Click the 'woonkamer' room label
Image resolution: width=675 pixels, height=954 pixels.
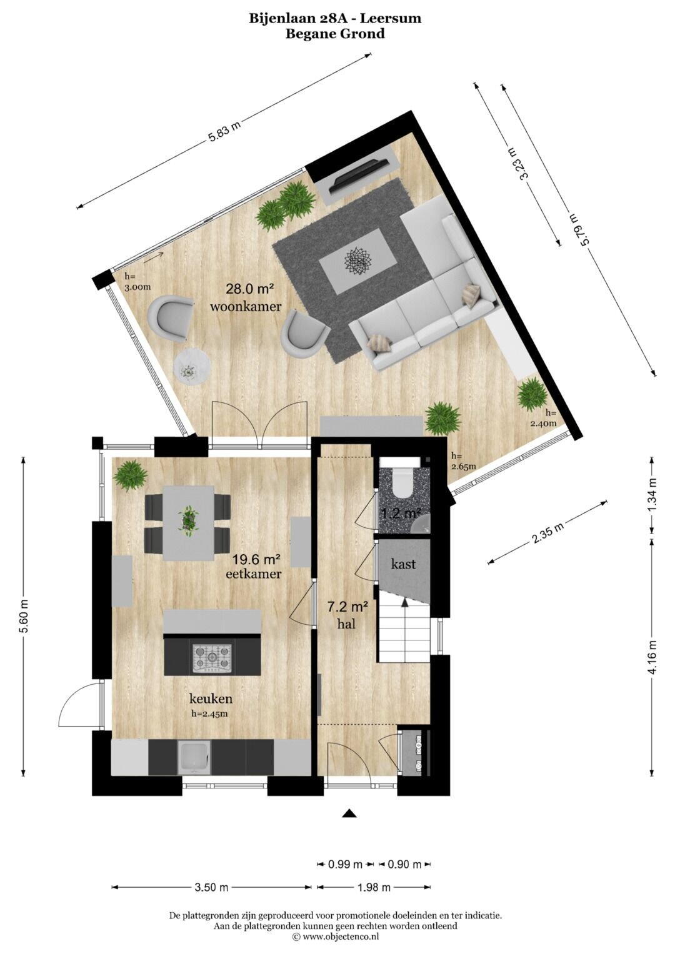click(x=246, y=306)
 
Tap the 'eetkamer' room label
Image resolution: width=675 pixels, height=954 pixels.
click(x=254, y=574)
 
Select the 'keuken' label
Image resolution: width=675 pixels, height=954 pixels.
click(x=211, y=698)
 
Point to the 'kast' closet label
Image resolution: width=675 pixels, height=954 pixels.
click(x=403, y=564)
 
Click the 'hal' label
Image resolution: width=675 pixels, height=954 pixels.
click(x=346, y=624)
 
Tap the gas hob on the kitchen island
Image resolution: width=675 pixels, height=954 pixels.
click(x=212, y=658)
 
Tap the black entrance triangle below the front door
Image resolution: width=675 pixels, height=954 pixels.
click(x=349, y=813)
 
